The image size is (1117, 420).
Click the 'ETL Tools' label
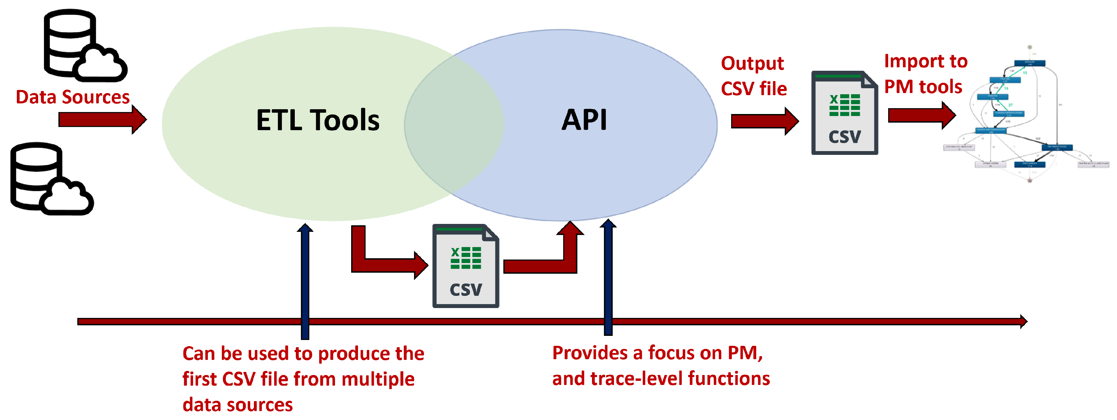click(x=317, y=120)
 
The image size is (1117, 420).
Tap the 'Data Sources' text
click(x=72, y=97)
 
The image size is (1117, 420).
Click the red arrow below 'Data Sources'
click(x=102, y=119)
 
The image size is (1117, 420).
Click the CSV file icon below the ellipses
click(x=465, y=266)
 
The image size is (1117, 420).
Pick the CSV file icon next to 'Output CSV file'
click(x=844, y=113)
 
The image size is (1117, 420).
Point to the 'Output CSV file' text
click(x=753, y=76)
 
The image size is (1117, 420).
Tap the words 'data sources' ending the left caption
click(x=238, y=405)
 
